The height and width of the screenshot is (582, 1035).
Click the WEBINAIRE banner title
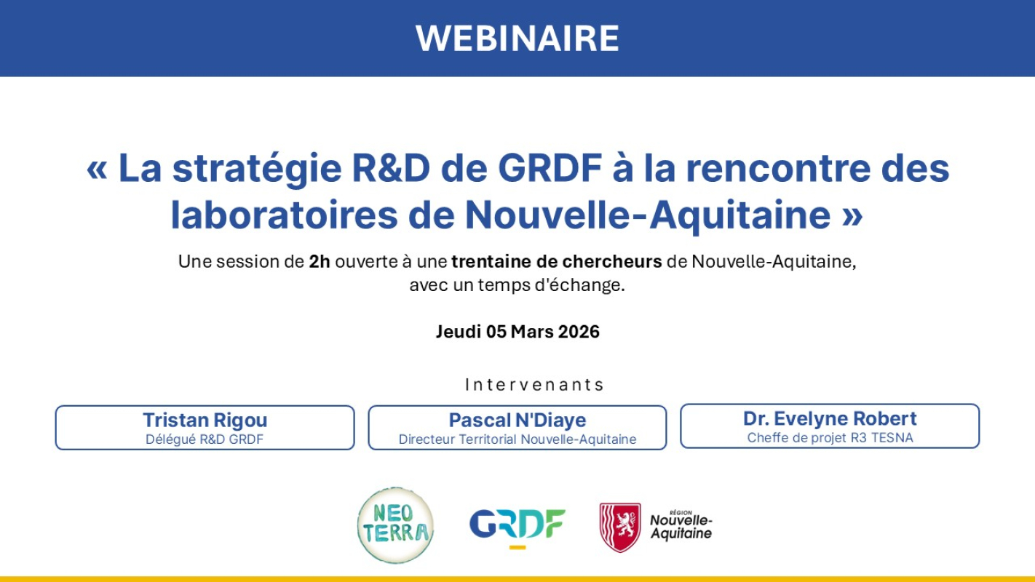pyautogui.click(x=517, y=38)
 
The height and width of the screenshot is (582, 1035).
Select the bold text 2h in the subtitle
pyautogui.click(x=319, y=262)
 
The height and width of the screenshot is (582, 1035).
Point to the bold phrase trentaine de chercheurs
pyautogui.click(x=557, y=262)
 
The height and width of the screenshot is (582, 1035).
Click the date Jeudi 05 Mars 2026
pyautogui.click(x=517, y=332)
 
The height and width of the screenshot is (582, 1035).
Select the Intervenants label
pyautogui.click(x=535, y=384)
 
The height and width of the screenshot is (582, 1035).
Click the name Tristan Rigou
pyautogui.click(x=205, y=420)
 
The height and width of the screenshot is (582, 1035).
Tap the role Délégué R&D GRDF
pyautogui.click(x=205, y=439)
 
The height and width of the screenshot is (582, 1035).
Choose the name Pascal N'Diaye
pyautogui.click(x=517, y=420)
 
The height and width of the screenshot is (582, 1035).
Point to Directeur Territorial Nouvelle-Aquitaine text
pyautogui.click(x=517, y=439)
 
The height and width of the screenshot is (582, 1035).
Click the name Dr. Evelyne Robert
pyautogui.click(x=830, y=418)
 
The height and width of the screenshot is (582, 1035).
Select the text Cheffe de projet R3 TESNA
pyautogui.click(x=830, y=438)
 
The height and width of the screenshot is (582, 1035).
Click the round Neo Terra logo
pyautogui.click(x=395, y=525)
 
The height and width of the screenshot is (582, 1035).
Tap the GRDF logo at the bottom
pyautogui.click(x=517, y=523)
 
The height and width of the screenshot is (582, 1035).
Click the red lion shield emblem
pyautogui.click(x=620, y=527)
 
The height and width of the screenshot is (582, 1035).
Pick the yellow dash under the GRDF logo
pyautogui.click(x=517, y=546)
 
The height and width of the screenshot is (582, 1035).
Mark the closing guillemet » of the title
pyautogui.click(x=852, y=216)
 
